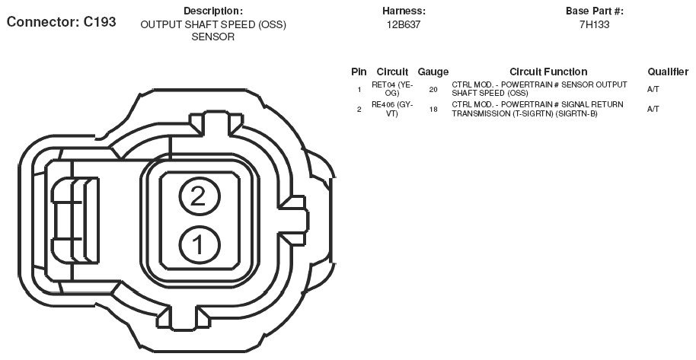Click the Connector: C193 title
coord(61,22)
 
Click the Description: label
coord(213,11)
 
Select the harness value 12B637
coord(404,25)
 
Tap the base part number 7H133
coord(595,25)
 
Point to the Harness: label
coord(404,11)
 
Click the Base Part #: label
coord(595,11)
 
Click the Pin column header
coord(359,72)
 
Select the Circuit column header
coord(392,72)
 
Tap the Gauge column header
coord(433,72)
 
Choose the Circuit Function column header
coord(548,72)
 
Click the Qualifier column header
coord(668,72)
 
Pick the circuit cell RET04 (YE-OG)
coord(392,89)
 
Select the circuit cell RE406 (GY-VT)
coord(392,109)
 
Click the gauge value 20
coord(433,89)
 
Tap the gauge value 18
coord(433,109)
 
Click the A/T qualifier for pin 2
coord(653,109)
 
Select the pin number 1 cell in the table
coord(359,90)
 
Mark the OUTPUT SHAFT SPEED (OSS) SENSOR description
coord(213,31)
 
